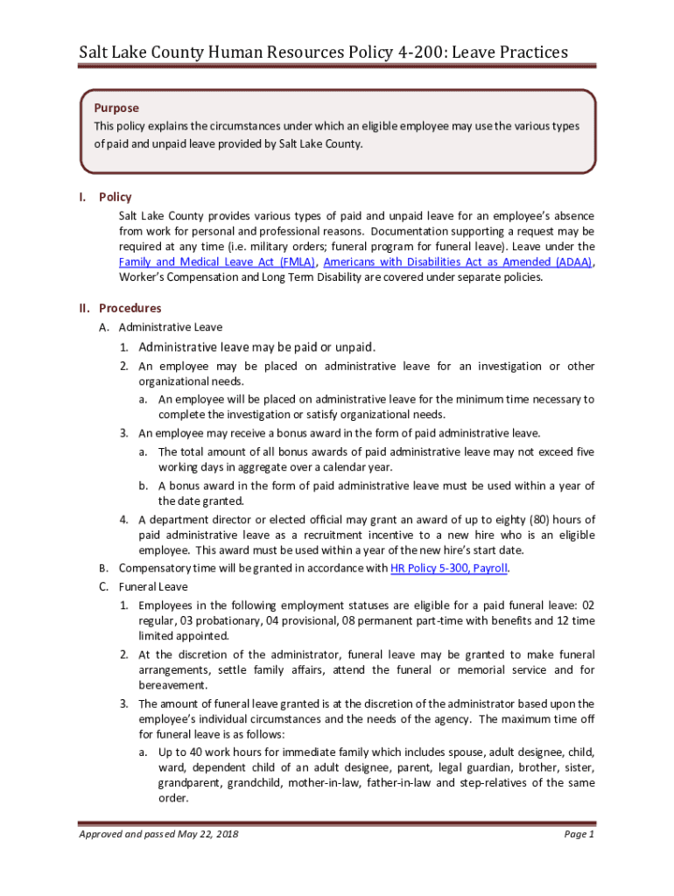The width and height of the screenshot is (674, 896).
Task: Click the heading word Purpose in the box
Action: [x=116, y=108]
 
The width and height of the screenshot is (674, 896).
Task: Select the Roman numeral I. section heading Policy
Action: [x=116, y=197]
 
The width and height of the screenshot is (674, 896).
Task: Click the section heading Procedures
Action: [x=130, y=308]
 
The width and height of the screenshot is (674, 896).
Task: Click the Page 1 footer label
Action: [x=579, y=834]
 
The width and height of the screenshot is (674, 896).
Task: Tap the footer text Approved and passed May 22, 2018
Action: [x=158, y=834]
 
